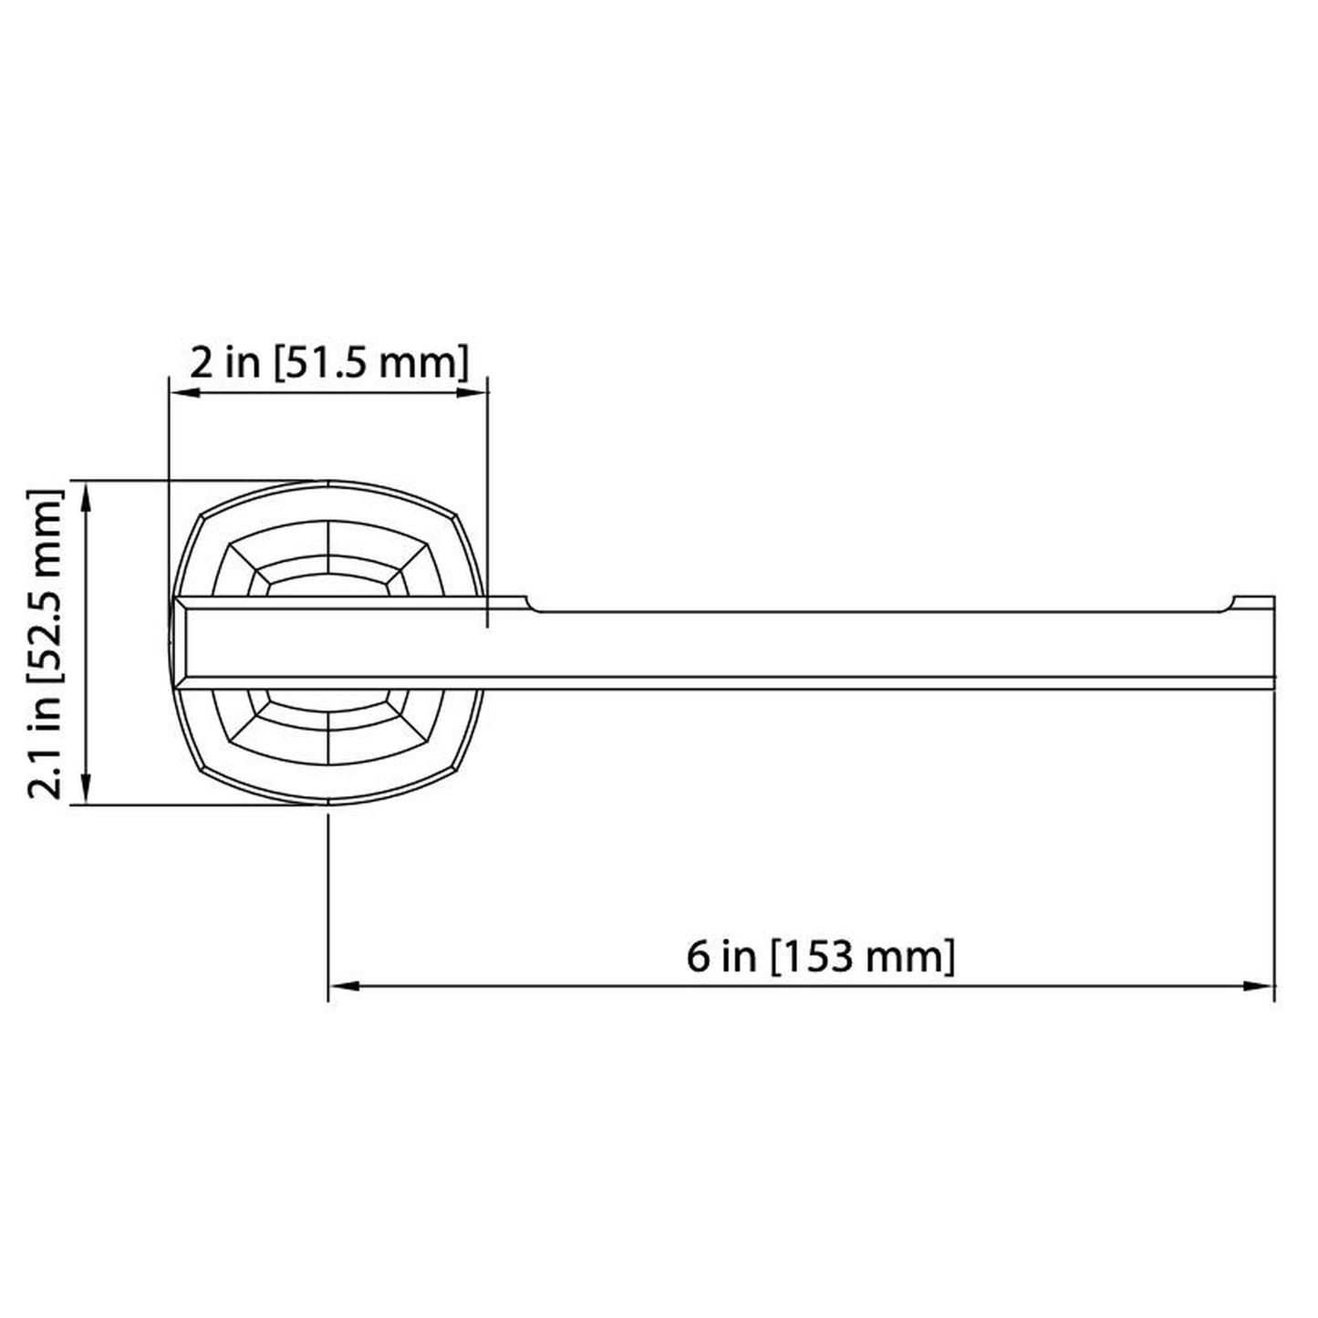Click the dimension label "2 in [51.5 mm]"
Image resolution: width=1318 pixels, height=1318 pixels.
click(328, 363)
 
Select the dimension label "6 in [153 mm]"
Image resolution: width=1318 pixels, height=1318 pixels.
click(820, 957)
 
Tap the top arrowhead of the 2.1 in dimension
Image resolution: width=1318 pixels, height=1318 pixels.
click(87, 497)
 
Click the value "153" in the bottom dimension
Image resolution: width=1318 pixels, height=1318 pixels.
click(822, 957)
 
